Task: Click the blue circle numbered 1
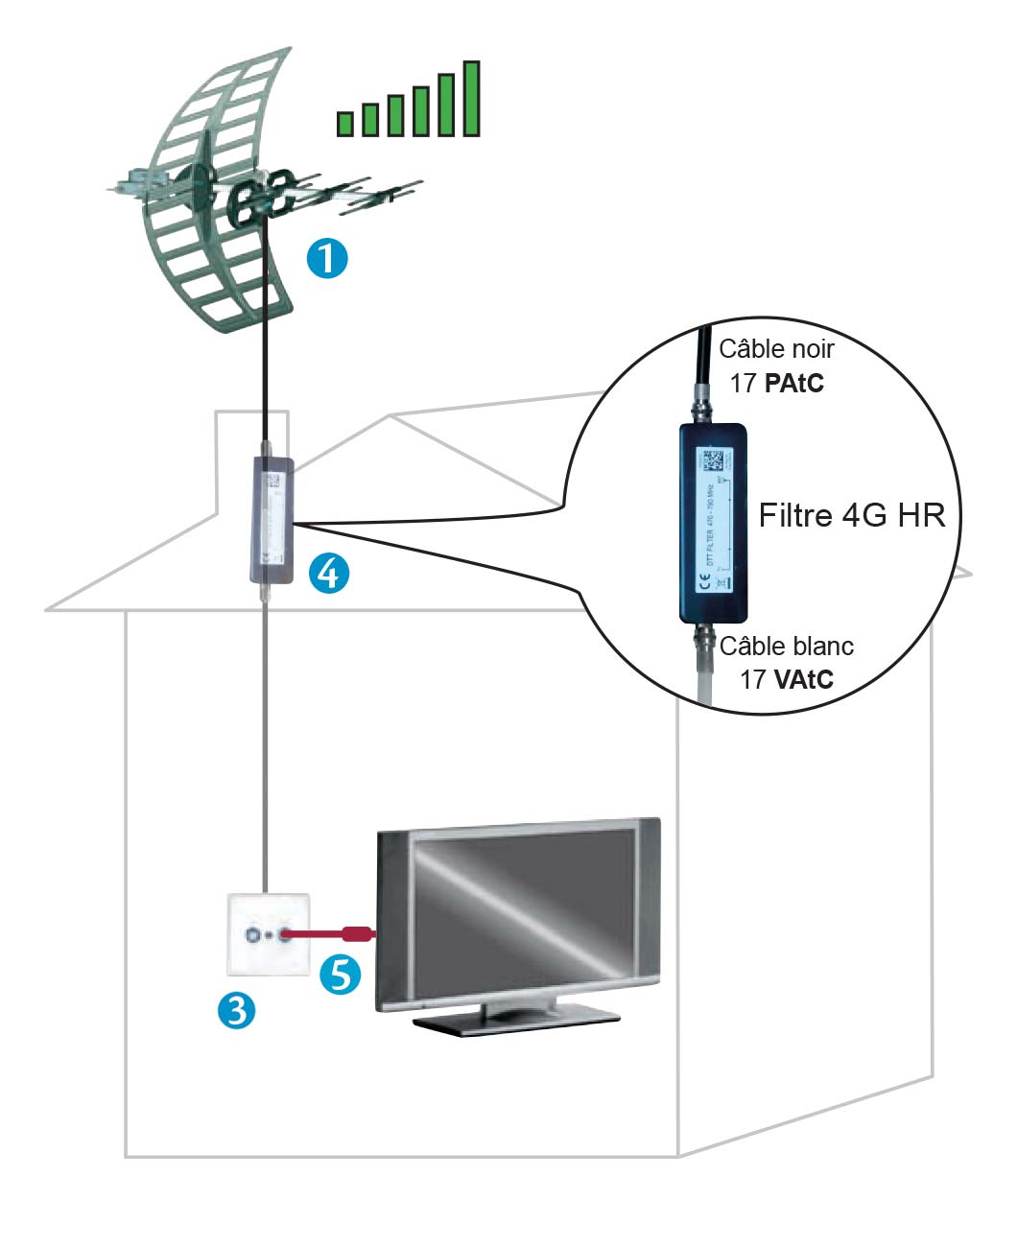(x=327, y=259)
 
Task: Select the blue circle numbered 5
(x=340, y=975)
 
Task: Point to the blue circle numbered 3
(x=236, y=1009)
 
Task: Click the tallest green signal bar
(x=471, y=99)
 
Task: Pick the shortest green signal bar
(x=345, y=123)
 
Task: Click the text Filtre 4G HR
(x=852, y=515)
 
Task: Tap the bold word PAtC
(x=794, y=384)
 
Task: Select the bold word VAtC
(x=803, y=679)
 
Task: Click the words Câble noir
(x=776, y=349)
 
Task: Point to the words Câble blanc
(x=786, y=647)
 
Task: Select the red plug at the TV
(x=357, y=933)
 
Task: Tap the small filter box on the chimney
(x=271, y=521)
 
